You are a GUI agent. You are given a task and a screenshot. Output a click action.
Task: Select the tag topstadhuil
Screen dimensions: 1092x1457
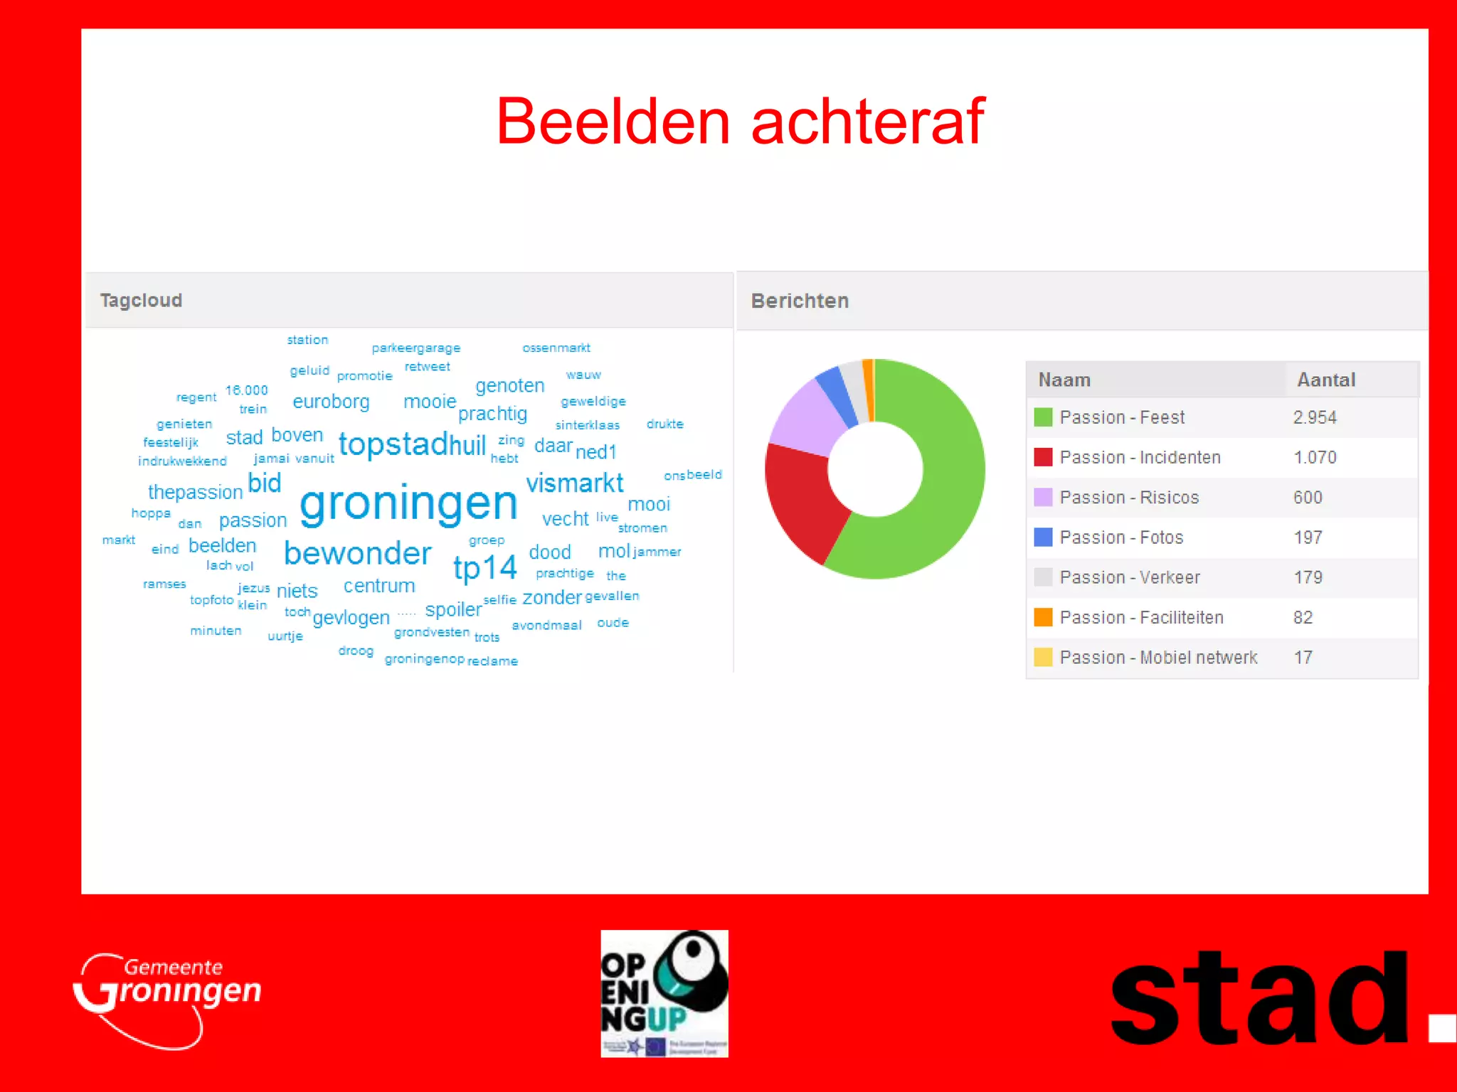coord(412,444)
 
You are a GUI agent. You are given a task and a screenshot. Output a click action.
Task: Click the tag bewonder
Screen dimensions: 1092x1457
coord(357,553)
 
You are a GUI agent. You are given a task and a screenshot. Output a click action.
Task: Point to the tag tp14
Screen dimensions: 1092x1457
coord(484,567)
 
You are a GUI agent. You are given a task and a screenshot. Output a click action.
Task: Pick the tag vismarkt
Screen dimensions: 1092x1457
coord(574,483)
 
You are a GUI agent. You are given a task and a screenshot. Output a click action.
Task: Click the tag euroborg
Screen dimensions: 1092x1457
coord(331,402)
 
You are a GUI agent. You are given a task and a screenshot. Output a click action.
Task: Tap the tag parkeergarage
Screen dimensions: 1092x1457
coord(416,348)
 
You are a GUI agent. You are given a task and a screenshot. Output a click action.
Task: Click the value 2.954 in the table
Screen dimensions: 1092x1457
coord(1315,417)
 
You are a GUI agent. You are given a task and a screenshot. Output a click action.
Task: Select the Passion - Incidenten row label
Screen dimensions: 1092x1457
coord(1140,457)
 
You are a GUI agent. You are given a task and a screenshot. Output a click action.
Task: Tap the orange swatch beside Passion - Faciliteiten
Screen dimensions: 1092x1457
coord(1043,617)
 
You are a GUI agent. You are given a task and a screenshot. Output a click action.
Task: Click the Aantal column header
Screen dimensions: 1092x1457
coord(1326,380)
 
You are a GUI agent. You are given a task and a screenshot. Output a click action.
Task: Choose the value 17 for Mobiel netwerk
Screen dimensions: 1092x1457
coord(1303,657)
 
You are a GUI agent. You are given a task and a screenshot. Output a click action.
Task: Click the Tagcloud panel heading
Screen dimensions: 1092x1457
coord(141,300)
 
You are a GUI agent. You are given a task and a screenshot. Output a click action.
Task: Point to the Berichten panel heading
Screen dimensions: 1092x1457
coord(800,301)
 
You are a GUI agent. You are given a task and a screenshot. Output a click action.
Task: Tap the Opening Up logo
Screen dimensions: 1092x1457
coord(664,993)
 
